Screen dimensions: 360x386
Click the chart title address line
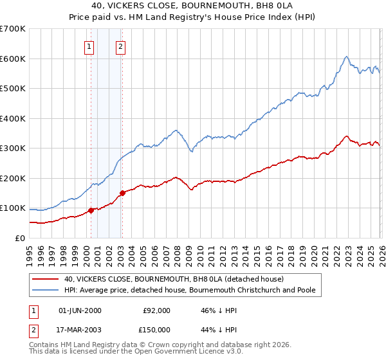coord(192,6)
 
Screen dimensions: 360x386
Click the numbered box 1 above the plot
coord(89,46)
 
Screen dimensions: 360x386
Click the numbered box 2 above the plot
coord(120,46)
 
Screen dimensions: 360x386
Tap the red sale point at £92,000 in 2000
coord(91,210)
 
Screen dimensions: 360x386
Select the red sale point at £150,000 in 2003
coord(122,193)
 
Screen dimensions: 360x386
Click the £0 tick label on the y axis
coord(19,238)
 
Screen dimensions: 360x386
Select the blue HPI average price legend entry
coord(190,291)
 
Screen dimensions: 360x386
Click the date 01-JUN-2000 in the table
coord(80,310)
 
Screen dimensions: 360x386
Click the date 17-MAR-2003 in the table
coord(80,329)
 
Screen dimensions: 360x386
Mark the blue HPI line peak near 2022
coord(346,57)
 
